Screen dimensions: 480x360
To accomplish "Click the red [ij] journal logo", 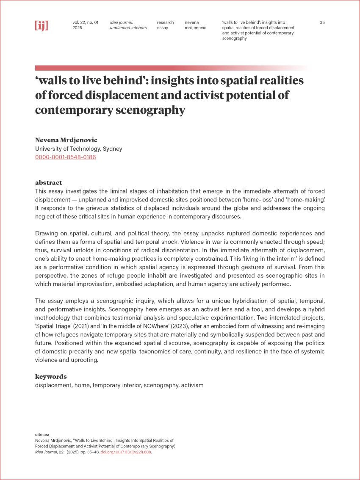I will pyautogui.click(x=42, y=25).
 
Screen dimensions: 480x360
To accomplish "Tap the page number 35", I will pyautogui.click(x=322, y=22).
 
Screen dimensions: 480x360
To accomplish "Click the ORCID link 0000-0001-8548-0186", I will pyautogui.click(x=65, y=157).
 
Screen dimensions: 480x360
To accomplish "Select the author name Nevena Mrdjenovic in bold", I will pyautogui.click(x=66, y=140).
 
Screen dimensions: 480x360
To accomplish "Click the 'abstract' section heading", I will pyautogui.click(x=48, y=183).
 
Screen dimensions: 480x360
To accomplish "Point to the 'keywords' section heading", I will pyautogui.click(x=51, y=376).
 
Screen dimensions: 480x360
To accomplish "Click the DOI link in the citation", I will pyautogui.click(x=125, y=452).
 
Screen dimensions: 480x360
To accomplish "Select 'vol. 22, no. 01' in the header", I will pyautogui.click(x=85, y=22).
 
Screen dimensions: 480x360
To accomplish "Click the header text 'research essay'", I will pyautogui.click(x=165, y=25).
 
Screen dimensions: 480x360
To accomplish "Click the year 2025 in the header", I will pyautogui.click(x=77, y=28).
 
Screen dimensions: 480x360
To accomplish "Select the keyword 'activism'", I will pyautogui.click(x=192, y=385).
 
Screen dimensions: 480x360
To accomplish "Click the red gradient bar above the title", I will pyautogui.click(x=169, y=68).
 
